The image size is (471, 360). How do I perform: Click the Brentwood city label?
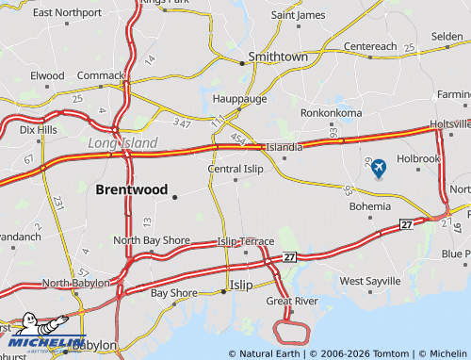pos(131,189)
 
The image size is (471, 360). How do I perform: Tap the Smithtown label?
pos(278,57)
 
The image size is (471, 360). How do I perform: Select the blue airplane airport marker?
pos(379,169)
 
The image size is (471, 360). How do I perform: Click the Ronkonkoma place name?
pos(331,112)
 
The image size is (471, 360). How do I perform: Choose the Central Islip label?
pos(235,169)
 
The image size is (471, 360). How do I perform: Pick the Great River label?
pos(291,302)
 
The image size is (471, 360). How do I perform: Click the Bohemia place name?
pos(369,205)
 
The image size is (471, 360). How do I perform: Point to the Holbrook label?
pos(418,158)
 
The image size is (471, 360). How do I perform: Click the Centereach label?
pos(370,45)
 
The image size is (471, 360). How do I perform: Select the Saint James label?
pos(298,15)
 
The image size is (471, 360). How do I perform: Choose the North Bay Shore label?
pos(152,240)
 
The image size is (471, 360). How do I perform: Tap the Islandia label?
pos(284,147)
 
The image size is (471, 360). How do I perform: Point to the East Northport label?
pos(67,12)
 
